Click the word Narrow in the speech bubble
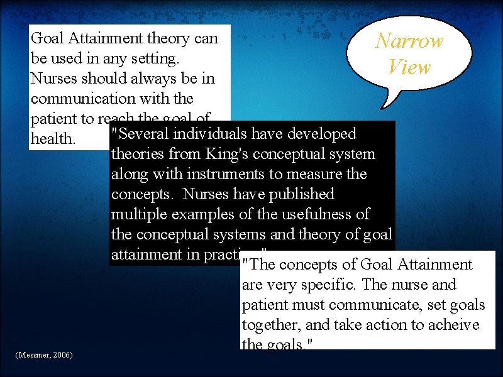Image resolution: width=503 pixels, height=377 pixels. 409,41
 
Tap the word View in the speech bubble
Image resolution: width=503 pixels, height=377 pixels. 409,67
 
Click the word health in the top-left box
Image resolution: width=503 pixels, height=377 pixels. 52,139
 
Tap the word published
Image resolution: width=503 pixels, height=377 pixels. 302,194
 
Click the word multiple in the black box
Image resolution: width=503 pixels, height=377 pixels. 140,214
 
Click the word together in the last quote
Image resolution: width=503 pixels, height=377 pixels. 270,325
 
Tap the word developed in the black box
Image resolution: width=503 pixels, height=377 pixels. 323,134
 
